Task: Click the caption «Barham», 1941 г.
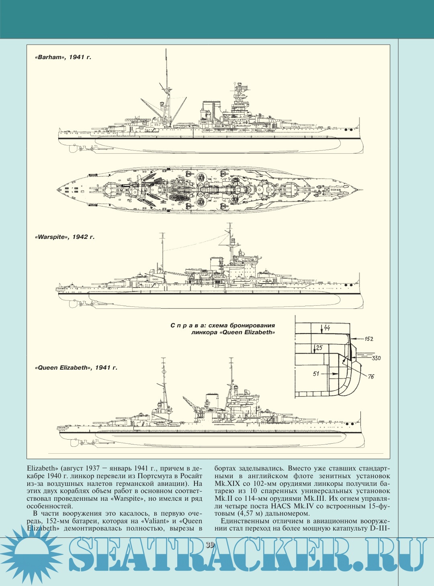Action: pyautogui.click(x=63, y=57)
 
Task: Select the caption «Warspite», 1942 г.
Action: pyautogui.click(x=65, y=237)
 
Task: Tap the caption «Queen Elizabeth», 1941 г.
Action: pyautogui.click(x=76, y=368)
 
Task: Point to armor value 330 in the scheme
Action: pyautogui.click(x=376, y=358)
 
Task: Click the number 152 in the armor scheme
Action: pyautogui.click(x=368, y=339)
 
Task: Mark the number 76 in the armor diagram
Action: pyautogui.click(x=371, y=376)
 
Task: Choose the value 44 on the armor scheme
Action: pyautogui.click(x=327, y=328)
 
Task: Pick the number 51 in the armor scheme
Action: pyautogui.click(x=316, y=374)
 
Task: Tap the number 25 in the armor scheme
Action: pyautogui.click(x=319, y=347)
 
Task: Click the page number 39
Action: pyautogui.click(x=210, y=545)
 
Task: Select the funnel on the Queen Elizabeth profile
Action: pyautogui.click(x=212, y=401)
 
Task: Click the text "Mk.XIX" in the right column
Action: pyautogui.click(x=227, y=483)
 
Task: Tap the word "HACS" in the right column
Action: pyautogui.click(x=280, y=506)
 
